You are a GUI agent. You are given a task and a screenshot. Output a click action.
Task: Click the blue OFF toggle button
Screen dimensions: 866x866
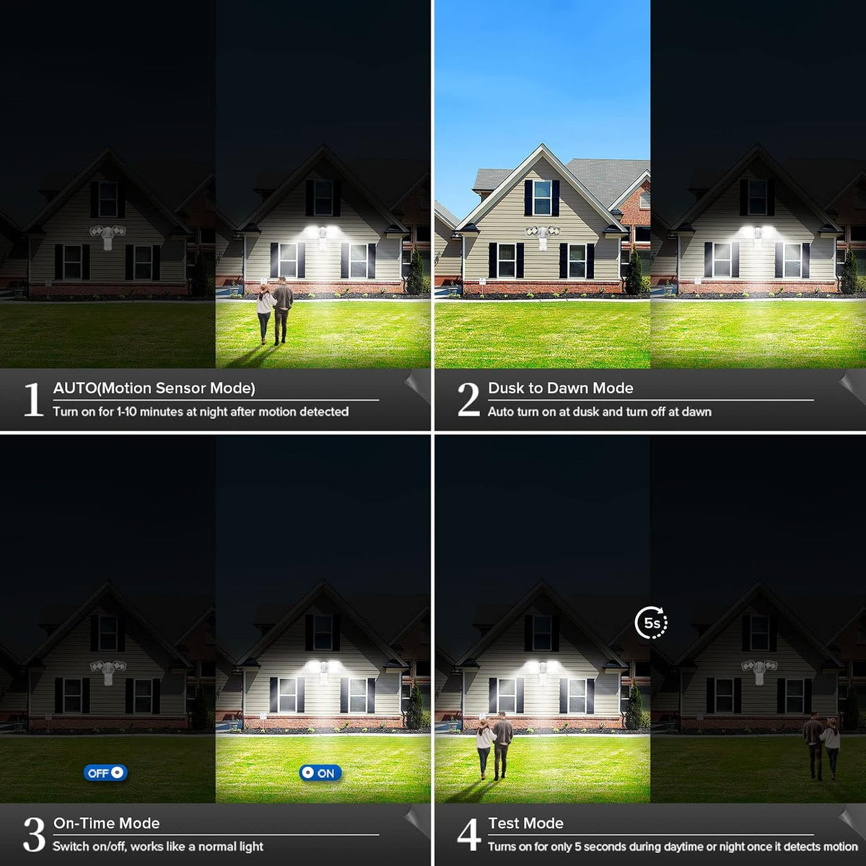click(x=105, y=773)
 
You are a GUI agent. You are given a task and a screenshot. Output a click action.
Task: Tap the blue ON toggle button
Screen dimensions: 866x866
click(x=320, y=773)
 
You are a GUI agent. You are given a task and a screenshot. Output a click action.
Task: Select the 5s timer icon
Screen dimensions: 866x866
click(x=651, y=623)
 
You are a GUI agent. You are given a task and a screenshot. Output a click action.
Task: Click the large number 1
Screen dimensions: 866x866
click(x=34, y=400)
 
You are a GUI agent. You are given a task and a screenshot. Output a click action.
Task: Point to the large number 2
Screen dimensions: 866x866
click(x=469, y=400)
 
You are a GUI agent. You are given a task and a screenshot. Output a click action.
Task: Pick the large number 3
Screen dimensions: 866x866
click(x=34, y=834)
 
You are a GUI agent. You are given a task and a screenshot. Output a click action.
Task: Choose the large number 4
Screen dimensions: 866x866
click(x=469, y=834)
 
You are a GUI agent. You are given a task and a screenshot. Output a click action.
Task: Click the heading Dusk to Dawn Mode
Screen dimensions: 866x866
click(x=561, y=388)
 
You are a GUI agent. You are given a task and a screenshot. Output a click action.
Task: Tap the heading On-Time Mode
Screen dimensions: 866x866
click(x=107, y=823)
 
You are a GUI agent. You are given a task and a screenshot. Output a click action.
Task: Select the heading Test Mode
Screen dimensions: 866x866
click(x=526, y=823)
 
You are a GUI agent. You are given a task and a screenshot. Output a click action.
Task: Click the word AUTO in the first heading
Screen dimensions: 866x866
click(x=74, y=388)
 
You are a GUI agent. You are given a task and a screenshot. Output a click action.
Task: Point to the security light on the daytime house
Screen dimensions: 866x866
click(x=543, y=237)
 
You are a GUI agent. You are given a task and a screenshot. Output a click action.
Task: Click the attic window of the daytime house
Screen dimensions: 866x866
click(x=542, y=198)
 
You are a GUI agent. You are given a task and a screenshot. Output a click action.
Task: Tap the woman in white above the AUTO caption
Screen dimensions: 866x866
click(x=266, y=313)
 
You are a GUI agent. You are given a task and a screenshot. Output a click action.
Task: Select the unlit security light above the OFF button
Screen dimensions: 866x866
click(x=108, y=671)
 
